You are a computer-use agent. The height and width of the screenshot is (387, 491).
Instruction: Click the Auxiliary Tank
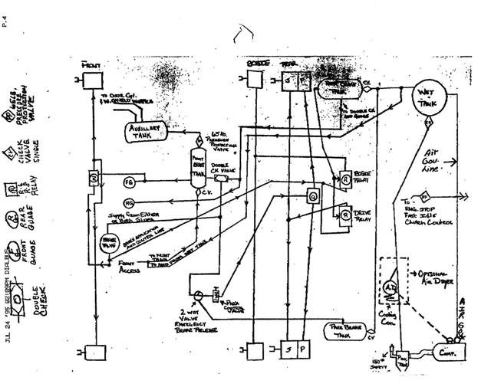tap(143, 132)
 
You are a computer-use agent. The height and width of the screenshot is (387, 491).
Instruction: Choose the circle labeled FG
tap(130, 182)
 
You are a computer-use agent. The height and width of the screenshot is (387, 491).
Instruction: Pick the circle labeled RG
tap(130, 202)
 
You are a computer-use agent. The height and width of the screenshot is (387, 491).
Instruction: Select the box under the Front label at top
tap(93, 78)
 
